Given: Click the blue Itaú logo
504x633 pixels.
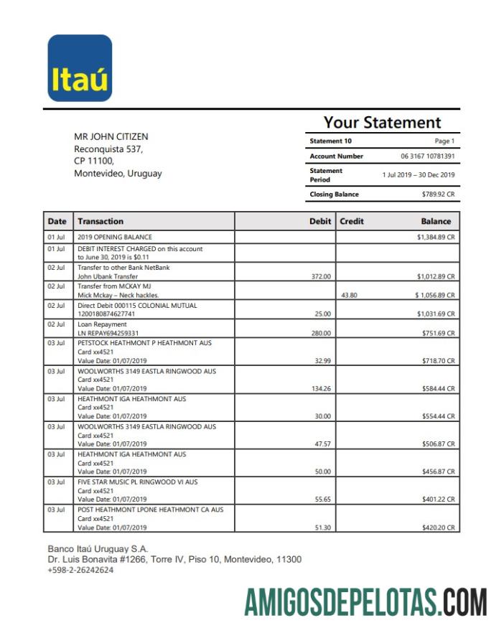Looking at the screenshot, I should (x=80, y=68).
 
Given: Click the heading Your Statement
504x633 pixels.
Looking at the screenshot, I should (x=382, y=123).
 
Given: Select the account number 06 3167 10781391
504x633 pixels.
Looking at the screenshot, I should (x=427, y=156).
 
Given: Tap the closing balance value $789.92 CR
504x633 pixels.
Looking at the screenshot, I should (x=438, y=194).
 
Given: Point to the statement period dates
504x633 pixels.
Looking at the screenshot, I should (x=418, y=175).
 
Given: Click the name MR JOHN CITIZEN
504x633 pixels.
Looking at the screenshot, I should (x=111, y=136).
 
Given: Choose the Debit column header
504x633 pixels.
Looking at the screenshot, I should (x=319, y=222).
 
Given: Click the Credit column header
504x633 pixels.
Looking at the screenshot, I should (x=352, y=222).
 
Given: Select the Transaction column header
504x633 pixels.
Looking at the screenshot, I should (x=101, y=222).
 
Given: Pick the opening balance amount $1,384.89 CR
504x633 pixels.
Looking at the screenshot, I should (x=435, y=237).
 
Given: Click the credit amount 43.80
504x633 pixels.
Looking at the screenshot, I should (x=349, y=295).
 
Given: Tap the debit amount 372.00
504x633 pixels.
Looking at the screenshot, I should (x=321, y=276).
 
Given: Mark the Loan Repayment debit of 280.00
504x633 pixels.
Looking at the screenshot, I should (x=321, y=333).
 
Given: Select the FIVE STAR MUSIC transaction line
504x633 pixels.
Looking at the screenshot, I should (x=137, y=482).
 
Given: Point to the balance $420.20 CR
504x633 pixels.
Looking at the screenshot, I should (x=438, y=527).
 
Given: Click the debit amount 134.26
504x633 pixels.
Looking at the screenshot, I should (x=319, y=389).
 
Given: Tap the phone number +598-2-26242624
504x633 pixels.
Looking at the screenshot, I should (x=80, y=570).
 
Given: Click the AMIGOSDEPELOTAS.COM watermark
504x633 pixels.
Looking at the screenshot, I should (x=365, y=602).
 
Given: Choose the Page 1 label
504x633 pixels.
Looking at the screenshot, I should (x=444, y=141).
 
